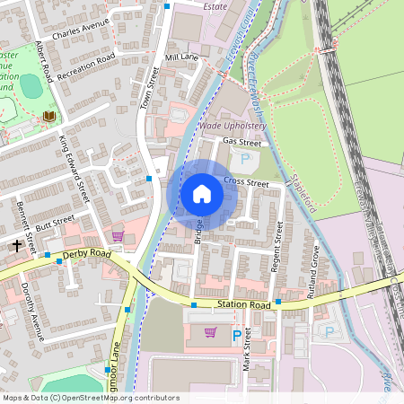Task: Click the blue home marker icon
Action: point(202,194)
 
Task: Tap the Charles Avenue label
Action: point(80,29)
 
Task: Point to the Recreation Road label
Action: point(87,66)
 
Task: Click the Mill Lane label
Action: point(182,57)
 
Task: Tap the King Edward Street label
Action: point(75,167)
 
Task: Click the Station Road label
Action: point(242,305)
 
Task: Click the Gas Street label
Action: point(242,142)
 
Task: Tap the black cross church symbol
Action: point(16,244)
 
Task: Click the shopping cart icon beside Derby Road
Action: point(118,236)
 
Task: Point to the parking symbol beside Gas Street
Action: point(245,159)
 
